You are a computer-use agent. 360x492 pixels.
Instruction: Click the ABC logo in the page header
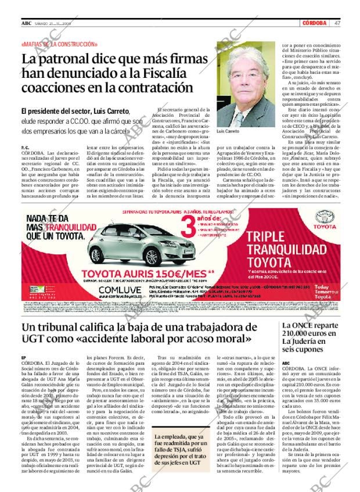click(26, 23)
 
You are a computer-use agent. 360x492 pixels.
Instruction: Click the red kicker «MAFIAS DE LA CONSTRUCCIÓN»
click(59, 45)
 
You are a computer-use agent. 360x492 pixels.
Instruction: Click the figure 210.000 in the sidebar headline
click(314, 334)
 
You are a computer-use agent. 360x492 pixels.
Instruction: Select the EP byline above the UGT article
click(23, 357)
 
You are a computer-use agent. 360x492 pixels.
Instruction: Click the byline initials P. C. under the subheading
click(24, 148)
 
